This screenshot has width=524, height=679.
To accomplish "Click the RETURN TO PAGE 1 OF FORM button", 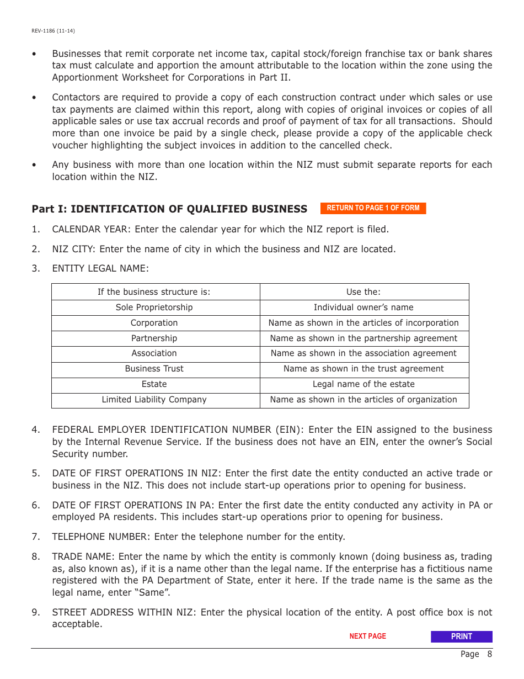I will pyautogui.click(x=373, y=208).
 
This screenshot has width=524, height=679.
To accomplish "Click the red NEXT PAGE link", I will pyautogui.click(x=367, y=636).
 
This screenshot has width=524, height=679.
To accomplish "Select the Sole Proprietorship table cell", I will pyautogui.click(x=154, y=307).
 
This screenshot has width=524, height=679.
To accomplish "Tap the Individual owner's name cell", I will pyautogui.click(x=363, y=307).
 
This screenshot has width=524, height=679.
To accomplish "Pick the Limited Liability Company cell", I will pyautogui.click(x=154, y=400).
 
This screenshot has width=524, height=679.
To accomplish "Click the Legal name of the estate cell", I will pyautogui.click(x=363, y=384).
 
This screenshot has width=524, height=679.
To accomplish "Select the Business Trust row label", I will pyautogui.click(x=154, y=369).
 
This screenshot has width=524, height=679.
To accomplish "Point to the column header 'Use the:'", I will pyautogui.click(x=363, y=292).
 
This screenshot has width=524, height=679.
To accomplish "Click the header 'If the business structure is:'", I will pyautogui.click(x=154, y=292).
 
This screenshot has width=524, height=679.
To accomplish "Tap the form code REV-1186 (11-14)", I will pyautogui.click(x=54, y=31).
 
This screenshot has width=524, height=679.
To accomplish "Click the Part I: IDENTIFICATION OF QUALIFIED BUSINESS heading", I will pyautogui.click(x=169, y=209).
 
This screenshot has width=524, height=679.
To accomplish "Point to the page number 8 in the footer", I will pyautogui.click(x=489, y=654).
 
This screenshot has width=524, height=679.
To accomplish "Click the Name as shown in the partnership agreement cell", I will pyautogui.click(x=363, y=338).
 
